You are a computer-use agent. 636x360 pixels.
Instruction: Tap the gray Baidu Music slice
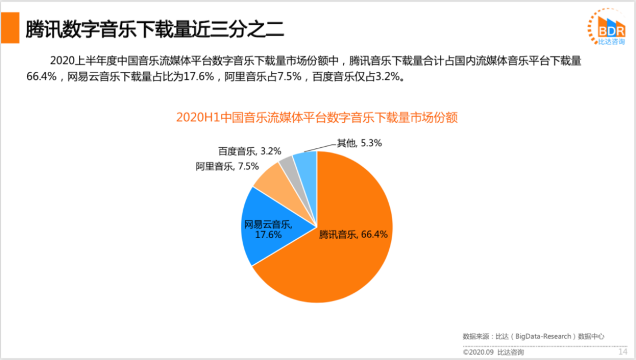(x=288, y=165)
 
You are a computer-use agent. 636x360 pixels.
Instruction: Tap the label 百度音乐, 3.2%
(x=250, y=151)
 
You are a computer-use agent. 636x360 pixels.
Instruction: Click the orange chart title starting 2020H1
(x=317, y=117)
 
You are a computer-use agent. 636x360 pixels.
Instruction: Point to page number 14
(x=622, y=351)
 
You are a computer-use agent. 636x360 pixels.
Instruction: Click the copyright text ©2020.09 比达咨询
(x=493, y=352)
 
